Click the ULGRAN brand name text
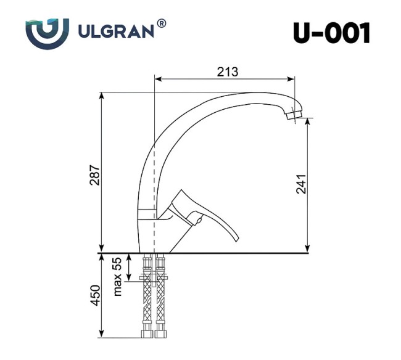117,31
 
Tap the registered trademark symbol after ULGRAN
162,23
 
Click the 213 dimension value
227,72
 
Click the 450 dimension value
93,296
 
